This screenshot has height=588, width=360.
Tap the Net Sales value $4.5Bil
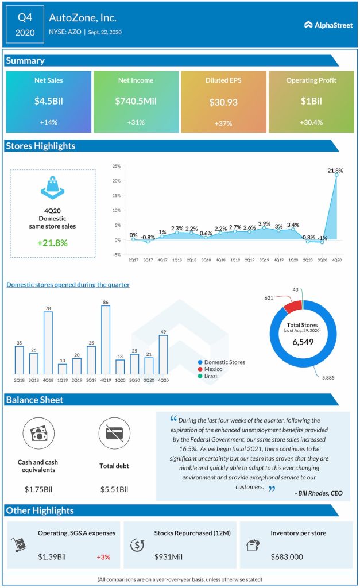click(x=48, y=101)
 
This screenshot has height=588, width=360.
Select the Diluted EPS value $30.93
click(x=223, y=102)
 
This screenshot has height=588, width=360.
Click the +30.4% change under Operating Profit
click(x=311, y=123)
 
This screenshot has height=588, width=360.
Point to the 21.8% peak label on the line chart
click(x=335, y=171)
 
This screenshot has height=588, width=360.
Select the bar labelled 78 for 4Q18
click(x=48, y=342)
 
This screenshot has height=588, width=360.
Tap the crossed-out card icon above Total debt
click(x=114, y=434)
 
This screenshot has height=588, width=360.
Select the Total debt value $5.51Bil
click(x=114, y=489)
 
